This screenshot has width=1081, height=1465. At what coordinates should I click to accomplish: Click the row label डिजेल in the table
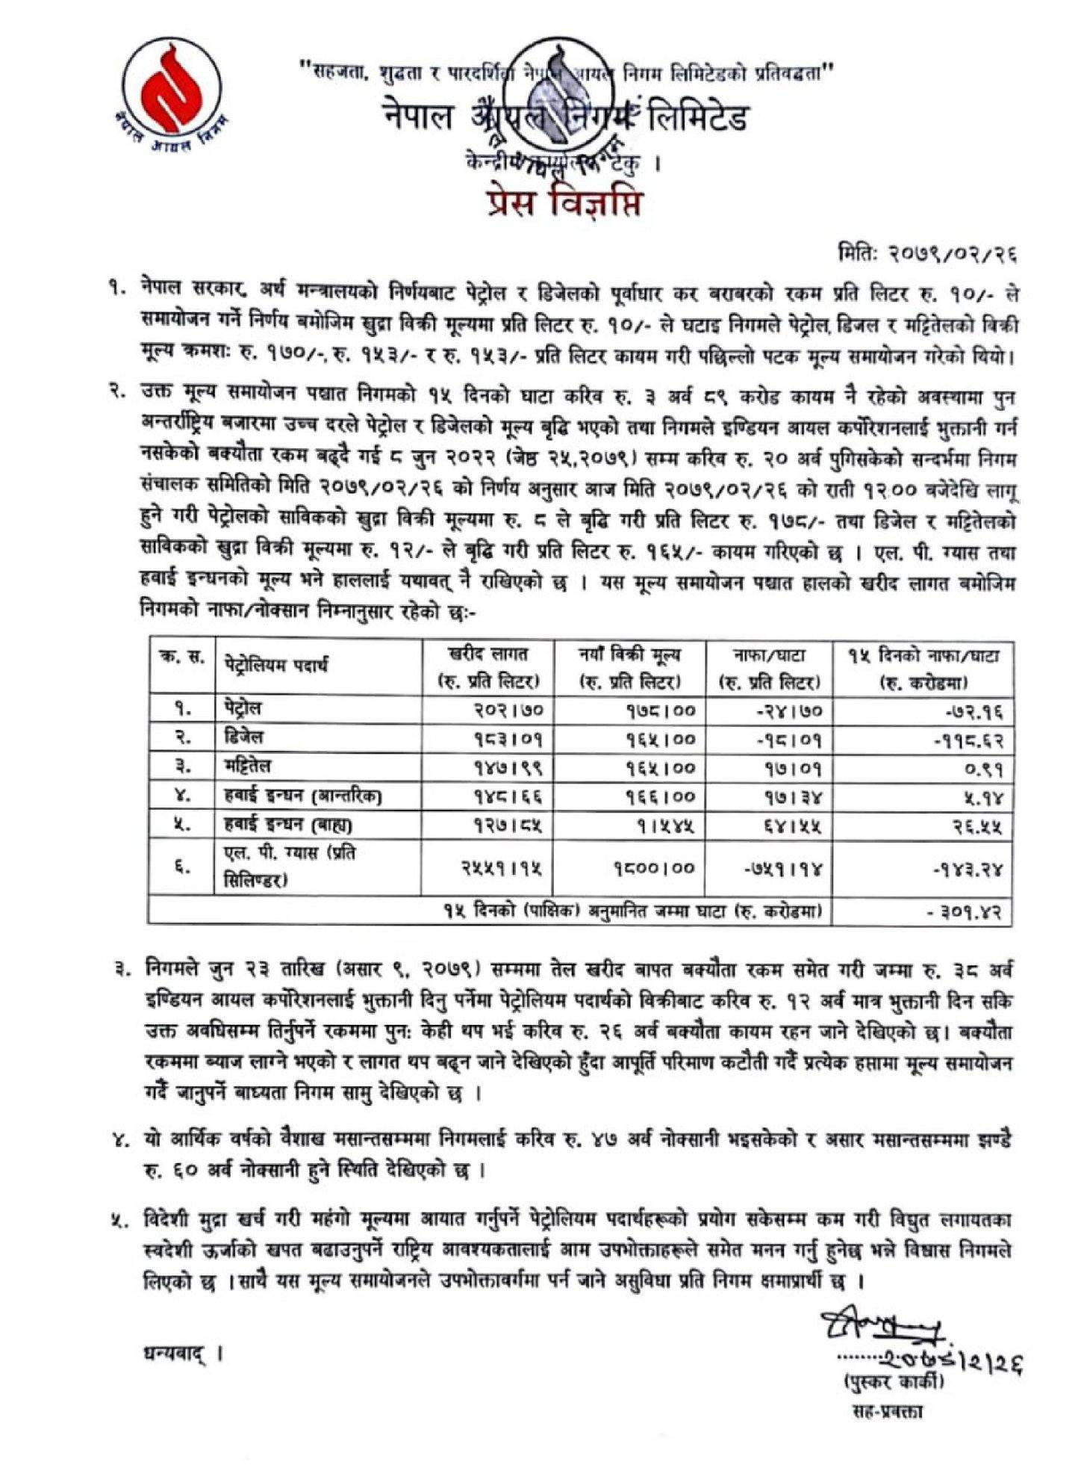243,737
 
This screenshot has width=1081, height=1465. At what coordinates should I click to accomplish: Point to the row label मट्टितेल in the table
248,766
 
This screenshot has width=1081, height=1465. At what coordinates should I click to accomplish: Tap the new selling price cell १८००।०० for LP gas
655,868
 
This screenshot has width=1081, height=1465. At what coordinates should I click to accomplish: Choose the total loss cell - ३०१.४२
963,912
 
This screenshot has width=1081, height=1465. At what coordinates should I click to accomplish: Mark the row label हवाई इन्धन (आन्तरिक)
302,796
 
